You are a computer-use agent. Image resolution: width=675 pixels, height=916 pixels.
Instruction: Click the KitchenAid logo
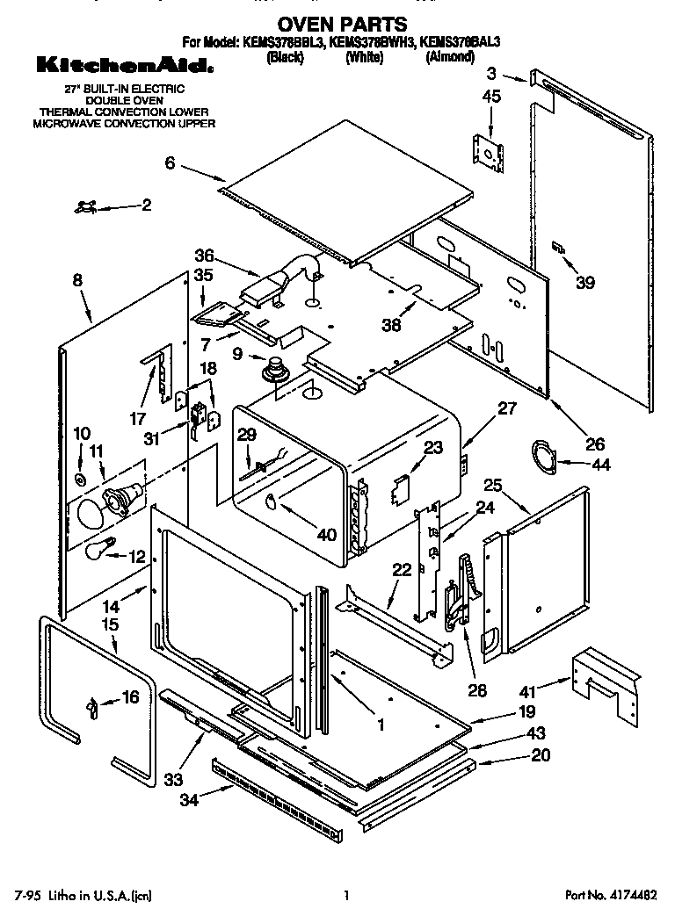[x=123, y=65]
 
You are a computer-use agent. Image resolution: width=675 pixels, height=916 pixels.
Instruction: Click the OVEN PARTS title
[x=342, y=24]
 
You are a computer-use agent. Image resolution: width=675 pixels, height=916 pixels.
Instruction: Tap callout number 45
[x=491, y=97]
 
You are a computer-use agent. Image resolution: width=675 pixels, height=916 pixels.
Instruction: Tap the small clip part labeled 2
[x=86, y=206]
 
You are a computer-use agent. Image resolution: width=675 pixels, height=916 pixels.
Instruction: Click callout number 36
[x=204, y=255]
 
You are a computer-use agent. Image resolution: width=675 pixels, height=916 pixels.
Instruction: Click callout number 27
[x=507, y=408]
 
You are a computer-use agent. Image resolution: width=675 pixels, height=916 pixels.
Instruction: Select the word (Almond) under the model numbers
[x=449, y=57]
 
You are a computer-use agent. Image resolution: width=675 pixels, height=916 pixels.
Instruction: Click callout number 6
[x=170, y=162]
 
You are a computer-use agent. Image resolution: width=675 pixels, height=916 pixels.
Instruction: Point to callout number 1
[x=381, y=725]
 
